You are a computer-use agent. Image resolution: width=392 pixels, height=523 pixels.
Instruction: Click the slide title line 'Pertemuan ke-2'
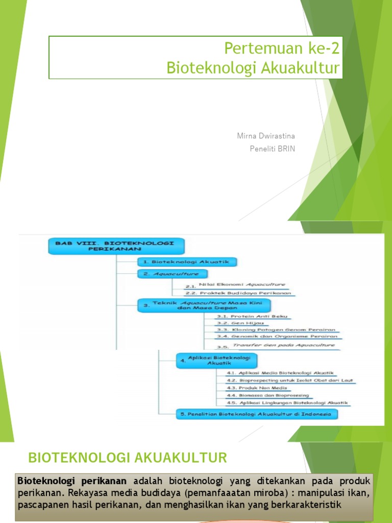(x=281, y=50)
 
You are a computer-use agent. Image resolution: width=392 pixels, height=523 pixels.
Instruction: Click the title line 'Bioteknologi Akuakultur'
(x=253, y=68)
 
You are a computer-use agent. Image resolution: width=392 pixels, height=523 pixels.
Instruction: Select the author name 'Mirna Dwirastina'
(x=266, y=136)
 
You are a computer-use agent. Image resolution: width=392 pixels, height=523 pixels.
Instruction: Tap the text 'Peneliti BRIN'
(x=273, y=149)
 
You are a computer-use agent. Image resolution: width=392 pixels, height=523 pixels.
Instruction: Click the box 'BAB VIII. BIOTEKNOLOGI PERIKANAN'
(x=116, y=247)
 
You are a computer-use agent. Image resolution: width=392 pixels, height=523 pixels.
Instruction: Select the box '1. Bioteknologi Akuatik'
(x=187, y=262)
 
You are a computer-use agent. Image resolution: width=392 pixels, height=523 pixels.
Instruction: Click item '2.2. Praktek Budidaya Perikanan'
(x=238, y=293)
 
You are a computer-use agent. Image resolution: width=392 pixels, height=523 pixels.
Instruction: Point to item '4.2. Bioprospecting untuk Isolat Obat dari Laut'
(x=290, y=381)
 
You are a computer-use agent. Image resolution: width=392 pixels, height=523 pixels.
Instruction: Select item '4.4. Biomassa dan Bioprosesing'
(x=267, y=395)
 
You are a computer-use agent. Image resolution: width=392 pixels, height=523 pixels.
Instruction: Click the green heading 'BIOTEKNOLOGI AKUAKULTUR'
(x=128, y=458)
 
